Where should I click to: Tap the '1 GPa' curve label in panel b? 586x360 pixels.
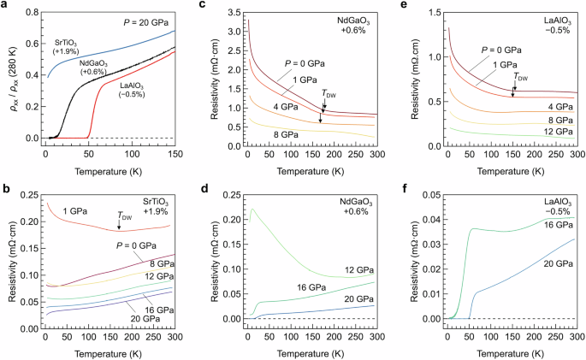(x=77, y=210)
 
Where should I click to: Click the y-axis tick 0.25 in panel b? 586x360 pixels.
(x=29, y=196)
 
